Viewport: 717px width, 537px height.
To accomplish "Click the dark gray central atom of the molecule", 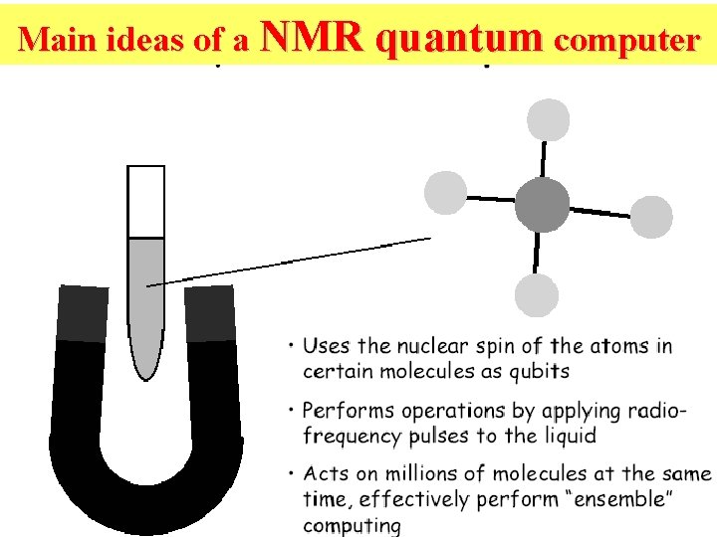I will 542,206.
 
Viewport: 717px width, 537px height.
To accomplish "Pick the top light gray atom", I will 547,120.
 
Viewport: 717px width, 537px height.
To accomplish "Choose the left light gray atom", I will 445,192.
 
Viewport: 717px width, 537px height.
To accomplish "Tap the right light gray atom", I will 651,216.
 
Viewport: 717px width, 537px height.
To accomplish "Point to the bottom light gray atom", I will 537,294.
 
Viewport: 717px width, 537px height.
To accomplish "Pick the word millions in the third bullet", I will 411,474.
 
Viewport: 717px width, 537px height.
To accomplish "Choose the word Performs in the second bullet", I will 345,410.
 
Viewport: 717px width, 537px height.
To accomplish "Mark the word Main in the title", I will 51,39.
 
